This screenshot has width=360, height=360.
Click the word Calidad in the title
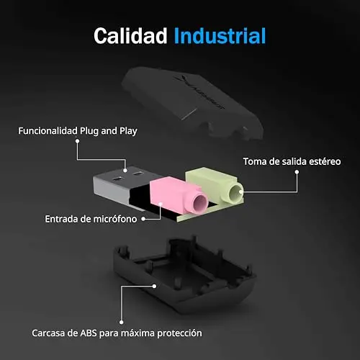coord(130,36)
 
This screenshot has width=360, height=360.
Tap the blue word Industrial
coord(220,36)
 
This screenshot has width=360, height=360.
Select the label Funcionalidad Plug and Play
coord(78,131)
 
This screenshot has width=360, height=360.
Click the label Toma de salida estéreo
coord(292,161)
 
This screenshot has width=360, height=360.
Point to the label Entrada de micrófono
coord(91,219)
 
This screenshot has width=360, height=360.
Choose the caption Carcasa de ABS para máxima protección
coord(117,333)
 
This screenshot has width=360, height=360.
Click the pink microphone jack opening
coord(200,202)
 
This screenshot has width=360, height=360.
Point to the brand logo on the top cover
coord(199,92)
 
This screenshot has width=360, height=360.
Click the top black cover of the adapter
coord(192,103)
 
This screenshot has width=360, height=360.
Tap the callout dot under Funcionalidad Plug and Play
coord(77,141)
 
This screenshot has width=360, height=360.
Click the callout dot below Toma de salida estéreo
coord(297,172)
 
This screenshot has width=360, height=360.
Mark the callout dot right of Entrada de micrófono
coord(143,219)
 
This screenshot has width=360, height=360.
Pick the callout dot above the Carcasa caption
coord(122,323)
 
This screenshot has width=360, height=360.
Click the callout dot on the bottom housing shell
coord(155,286)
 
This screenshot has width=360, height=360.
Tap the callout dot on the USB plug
coord(125,171)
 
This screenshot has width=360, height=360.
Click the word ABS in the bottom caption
coord(89,333)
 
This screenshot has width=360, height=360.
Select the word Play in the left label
coord(128,132)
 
